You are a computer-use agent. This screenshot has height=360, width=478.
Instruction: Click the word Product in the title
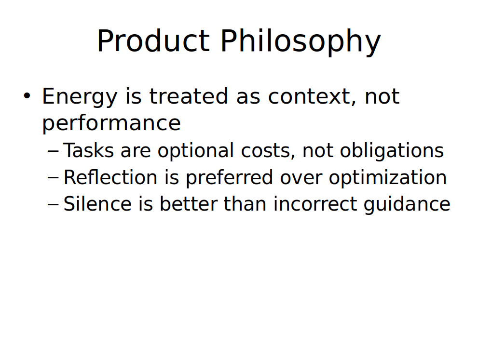tap(153, 41)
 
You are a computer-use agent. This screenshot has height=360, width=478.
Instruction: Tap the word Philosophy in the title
tap(300, 42)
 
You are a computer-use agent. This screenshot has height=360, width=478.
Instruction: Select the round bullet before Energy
tap(27, 95)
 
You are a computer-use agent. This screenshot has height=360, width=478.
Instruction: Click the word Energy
tap(80, 97)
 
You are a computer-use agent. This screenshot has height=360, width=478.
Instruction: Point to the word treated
tap(189, 96)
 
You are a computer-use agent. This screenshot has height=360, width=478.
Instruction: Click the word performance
tap(111, 124)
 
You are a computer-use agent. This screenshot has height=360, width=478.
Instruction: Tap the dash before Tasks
tap(53, 151)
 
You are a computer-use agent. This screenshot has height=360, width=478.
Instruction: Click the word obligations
tap(392, 151)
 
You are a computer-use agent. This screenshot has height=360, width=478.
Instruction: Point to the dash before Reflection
tap(53, 177)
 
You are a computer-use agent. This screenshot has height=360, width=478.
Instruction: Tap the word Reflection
tap(110, 177)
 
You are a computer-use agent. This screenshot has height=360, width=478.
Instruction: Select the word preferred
tap(229, 178)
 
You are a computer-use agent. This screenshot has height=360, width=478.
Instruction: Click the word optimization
tap(388, 178)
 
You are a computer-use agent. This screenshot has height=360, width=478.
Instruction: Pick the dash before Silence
tap(53, 204)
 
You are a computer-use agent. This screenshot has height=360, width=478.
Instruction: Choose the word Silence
tap(97, 204)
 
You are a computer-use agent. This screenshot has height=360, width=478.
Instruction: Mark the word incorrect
tap(315, 204)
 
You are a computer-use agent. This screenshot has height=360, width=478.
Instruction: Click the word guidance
tap(407, 204)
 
